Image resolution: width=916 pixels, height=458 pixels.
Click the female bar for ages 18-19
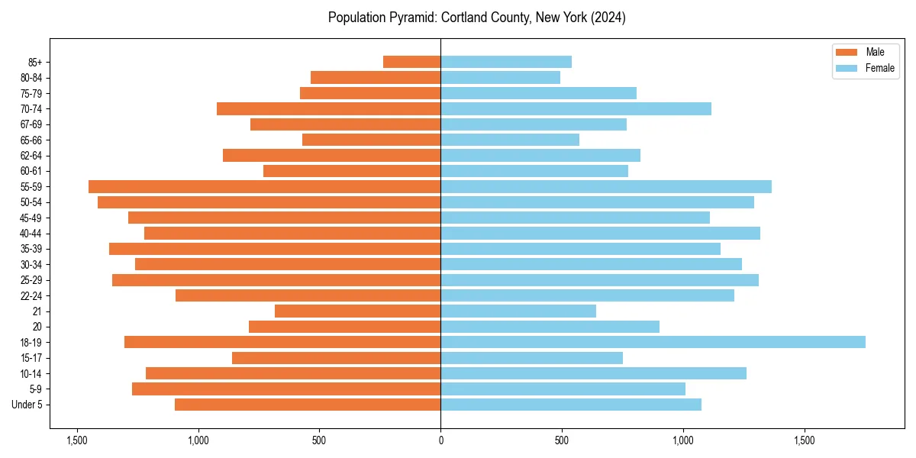(x=653, y=342)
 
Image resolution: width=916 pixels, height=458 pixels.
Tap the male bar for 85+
(x=411, y=62)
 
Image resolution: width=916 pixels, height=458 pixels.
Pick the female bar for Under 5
(x=570, y=405)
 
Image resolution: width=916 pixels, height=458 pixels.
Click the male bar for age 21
(x=357, y=311)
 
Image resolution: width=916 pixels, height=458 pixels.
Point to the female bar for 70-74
(x=576, y=108)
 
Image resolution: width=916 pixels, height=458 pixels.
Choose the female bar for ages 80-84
(x=500, y=77)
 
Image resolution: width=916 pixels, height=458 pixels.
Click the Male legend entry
(x=875, y=52)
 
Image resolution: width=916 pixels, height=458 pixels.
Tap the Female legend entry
(x=879, y=68)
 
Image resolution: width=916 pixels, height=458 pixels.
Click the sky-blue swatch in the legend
(x=847, y=68)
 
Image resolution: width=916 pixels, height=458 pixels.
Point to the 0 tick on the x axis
(x=440, y=440)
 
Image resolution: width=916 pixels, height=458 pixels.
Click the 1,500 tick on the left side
(x=76, y=440)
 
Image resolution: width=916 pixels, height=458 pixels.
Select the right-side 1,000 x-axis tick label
(x=683, y=440)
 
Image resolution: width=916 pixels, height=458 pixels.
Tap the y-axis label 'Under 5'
(x=27, y=405)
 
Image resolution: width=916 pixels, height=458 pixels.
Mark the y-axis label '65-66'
(x=31, y=140)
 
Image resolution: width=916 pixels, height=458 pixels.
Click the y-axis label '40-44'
(x=31, y=234)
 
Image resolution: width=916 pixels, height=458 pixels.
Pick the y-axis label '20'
(x=37, y=327)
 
